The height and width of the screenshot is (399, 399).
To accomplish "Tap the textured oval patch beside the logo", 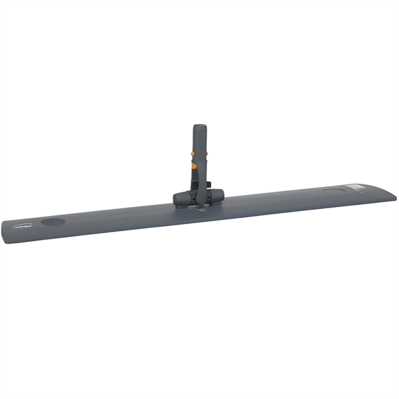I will tap(53, 222).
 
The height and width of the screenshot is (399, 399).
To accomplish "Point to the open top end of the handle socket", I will tap(199, 125).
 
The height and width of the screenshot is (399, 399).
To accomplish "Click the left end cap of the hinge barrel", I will tap(175, 198).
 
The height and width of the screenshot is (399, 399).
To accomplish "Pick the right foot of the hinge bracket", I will tap(215, 203).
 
